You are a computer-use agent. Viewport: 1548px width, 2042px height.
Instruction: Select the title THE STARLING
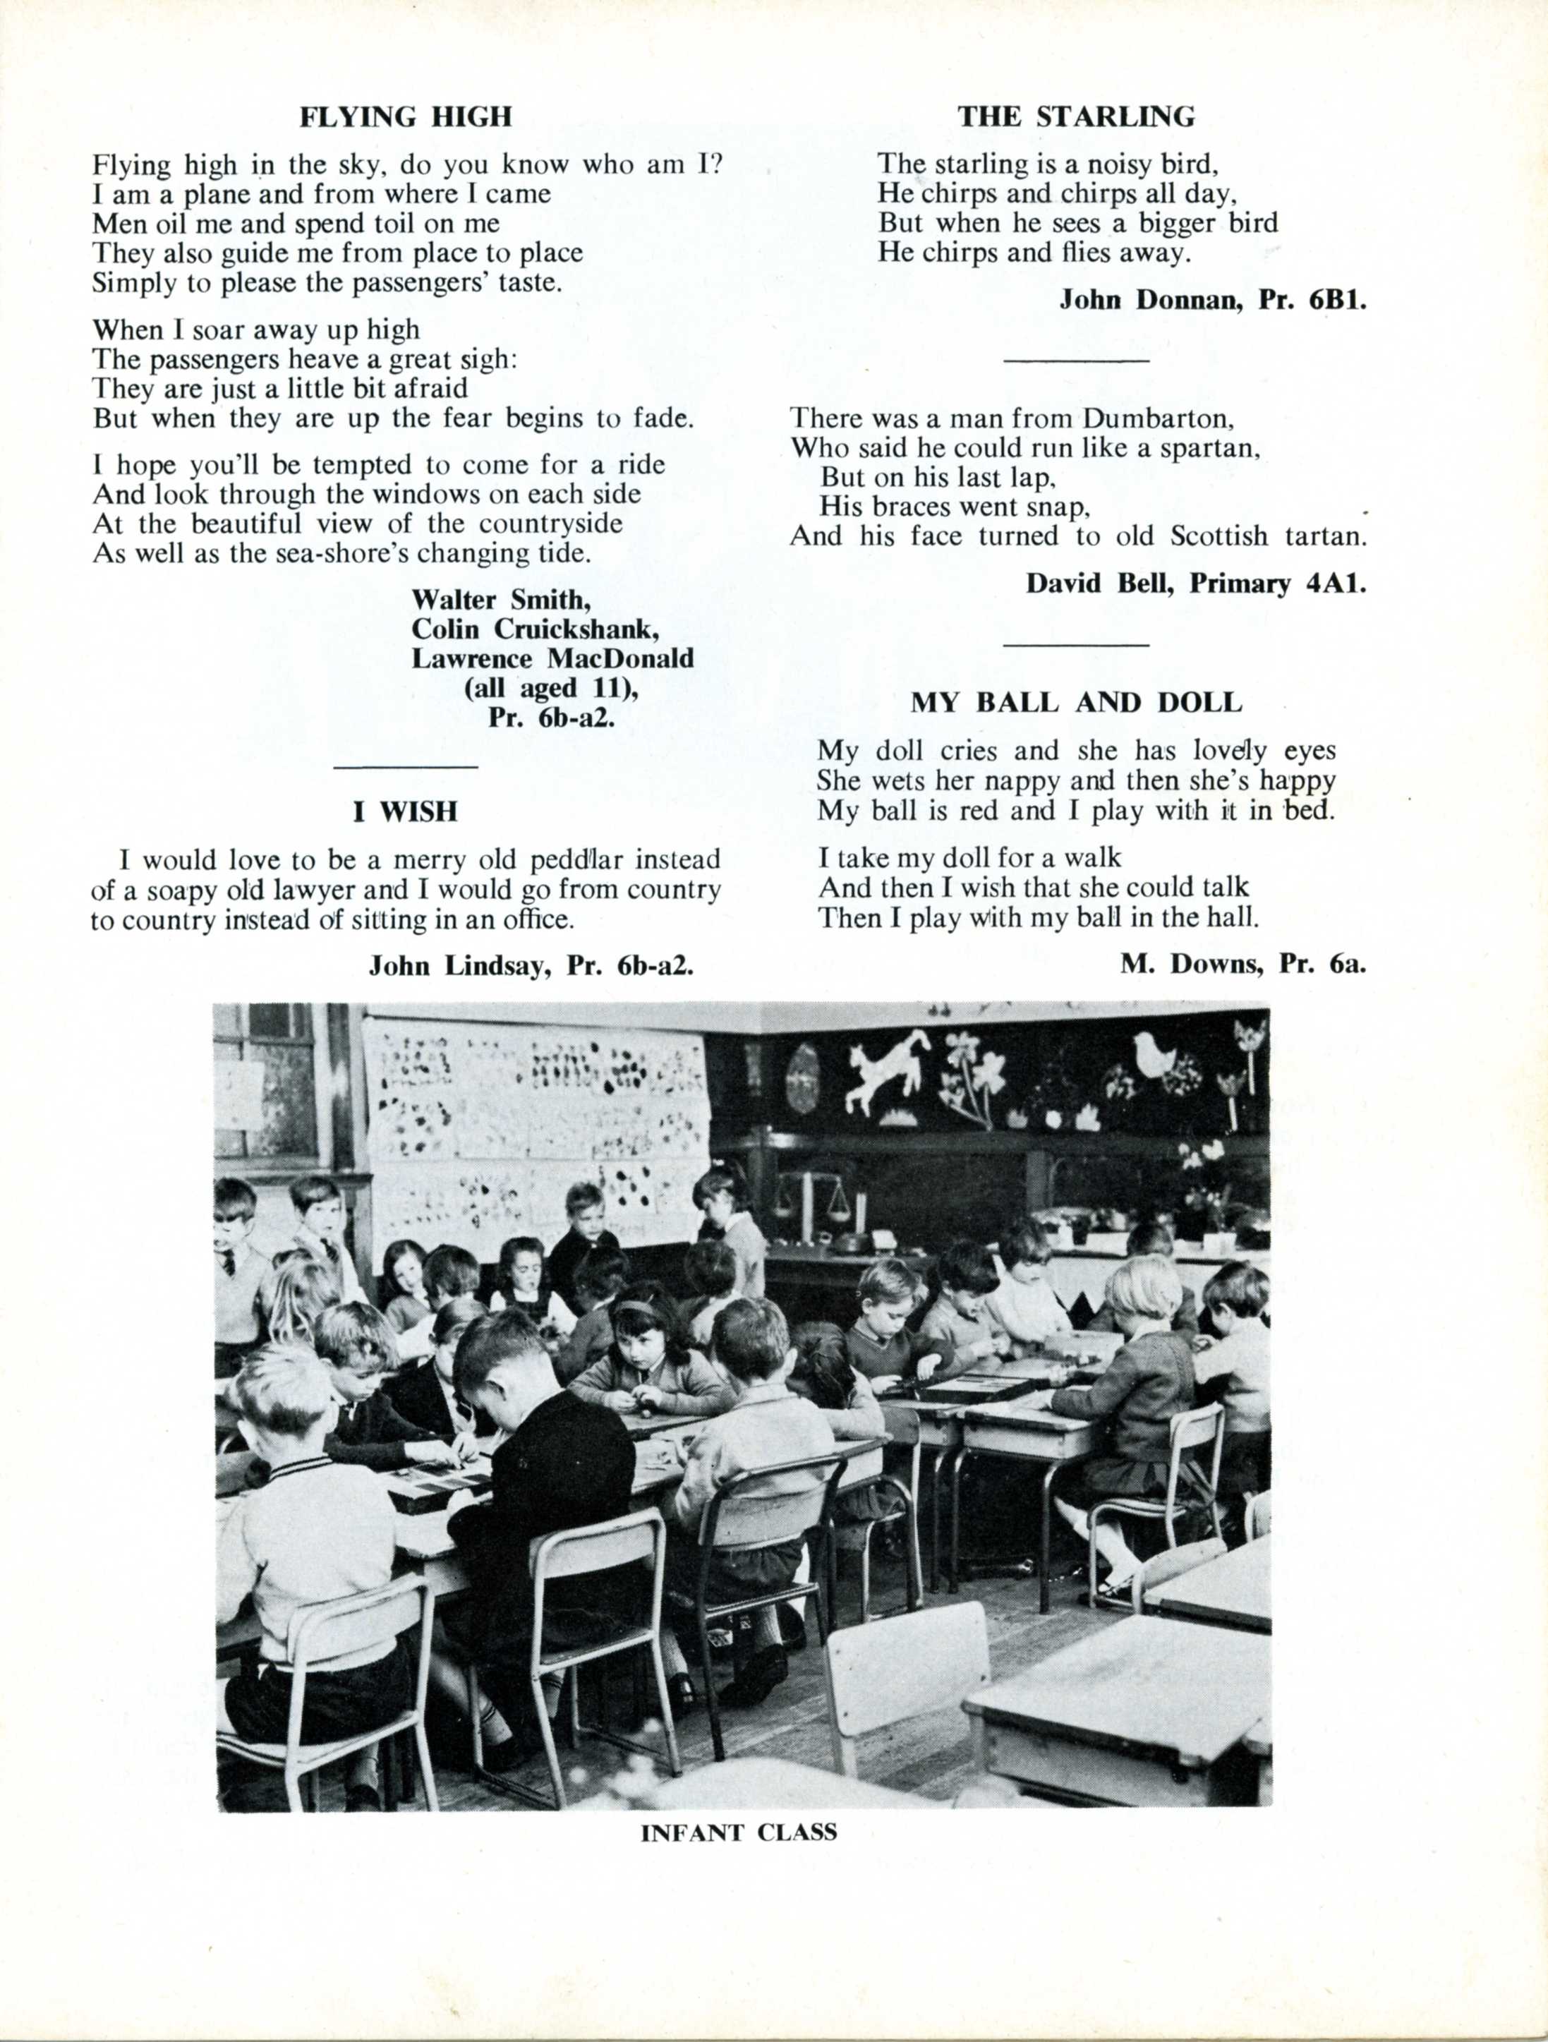[x=1075, y=117]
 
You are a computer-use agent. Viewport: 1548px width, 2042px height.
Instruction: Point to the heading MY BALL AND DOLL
[x=1076, y=703]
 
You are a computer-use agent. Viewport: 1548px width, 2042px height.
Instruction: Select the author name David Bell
[x=1099, y=584]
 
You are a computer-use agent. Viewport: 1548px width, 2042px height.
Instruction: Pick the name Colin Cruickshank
[x=534, y=629]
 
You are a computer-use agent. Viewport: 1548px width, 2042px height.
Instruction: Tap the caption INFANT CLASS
[x=739, y=1832]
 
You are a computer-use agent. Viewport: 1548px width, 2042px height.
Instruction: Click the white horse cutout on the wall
[x=887, y=1071]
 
